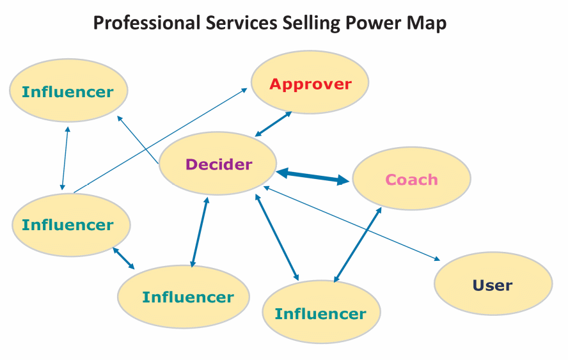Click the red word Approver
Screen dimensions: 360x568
tap(310, 84)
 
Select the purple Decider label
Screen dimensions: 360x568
tap(219, 164)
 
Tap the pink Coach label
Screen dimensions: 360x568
tap(411, 179)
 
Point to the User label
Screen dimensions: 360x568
tap(493, 285)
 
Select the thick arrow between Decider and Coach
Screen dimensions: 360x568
tap(313, 176)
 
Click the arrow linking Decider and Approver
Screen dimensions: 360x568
tap(274, 123)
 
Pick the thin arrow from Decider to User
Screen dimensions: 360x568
tap(352, 224)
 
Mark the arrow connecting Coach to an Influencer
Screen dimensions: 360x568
tap(357, 245)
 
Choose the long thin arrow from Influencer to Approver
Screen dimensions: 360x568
tap(160, 141)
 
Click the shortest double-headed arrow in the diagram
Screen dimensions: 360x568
tap(123, 259)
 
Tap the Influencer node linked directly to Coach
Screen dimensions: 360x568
tap(321, 313)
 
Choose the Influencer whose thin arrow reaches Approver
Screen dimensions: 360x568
tap(71, 224)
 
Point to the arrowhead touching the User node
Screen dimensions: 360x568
tap(438, 259)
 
